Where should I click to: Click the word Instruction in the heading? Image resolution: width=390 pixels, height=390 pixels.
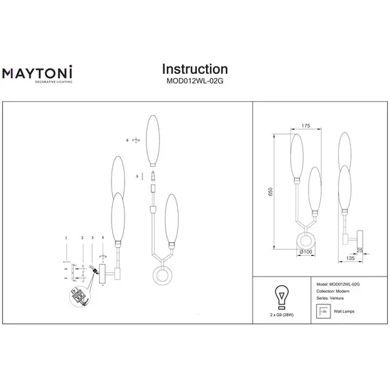[194, 69]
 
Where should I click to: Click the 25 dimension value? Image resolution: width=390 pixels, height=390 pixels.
[360, 250]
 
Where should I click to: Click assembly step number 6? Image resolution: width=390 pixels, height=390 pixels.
[127, 140]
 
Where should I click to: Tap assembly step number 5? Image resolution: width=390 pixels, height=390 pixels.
[137, 176]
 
